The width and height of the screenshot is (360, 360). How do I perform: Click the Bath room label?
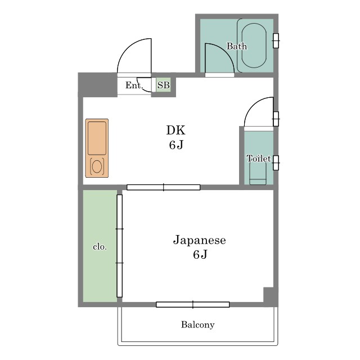point(237,46)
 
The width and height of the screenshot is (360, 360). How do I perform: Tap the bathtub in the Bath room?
point(254,45)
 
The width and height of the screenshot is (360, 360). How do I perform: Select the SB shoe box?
point(164,85)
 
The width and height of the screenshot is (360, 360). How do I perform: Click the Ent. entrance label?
point(134,85)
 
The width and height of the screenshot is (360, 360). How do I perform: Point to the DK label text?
point(175,130)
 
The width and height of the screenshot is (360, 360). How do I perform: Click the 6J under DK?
point(176,145)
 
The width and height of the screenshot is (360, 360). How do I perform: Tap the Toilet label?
point(259,159)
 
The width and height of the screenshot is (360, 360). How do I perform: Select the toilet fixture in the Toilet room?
point(258,173)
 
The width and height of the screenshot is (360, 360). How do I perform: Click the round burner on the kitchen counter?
point(97,166)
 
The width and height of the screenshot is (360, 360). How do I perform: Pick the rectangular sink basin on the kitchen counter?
point(97,138)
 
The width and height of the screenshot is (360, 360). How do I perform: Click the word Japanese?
point(199,241)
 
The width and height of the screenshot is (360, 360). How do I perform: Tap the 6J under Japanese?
point(200,254)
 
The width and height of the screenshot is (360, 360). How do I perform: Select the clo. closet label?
point(100,247)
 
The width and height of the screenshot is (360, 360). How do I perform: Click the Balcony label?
point(197,325)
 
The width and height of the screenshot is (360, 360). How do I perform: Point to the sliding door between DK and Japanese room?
point(164,187)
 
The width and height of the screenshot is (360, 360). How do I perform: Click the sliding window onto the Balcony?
point(193,304)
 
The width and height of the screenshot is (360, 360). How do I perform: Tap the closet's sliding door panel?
point(119,246)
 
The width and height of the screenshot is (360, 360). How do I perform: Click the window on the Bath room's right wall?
point(276,40)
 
